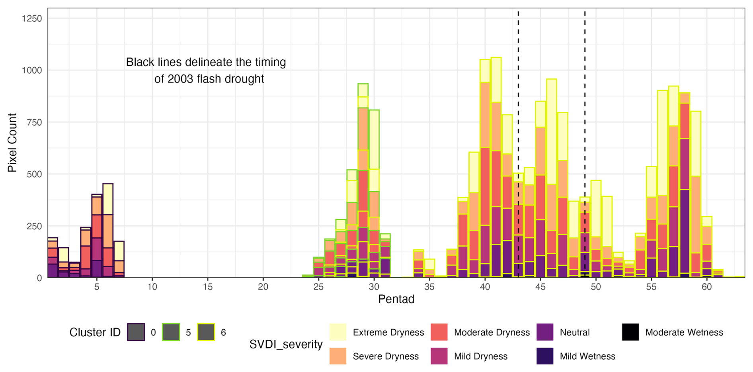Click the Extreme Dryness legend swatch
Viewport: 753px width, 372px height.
tap(338, 332)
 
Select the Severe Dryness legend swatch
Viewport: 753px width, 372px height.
tap(338, 356)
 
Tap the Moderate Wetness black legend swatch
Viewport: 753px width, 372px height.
tap(630, 332)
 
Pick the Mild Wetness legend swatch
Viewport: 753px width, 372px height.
tap(545, 356)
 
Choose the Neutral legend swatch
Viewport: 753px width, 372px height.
tap(545, 332)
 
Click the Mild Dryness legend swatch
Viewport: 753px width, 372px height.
tap(439, 356)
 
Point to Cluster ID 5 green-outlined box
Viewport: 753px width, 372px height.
tap(171, 332)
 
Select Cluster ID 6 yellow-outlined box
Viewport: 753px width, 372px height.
tap(206, 332)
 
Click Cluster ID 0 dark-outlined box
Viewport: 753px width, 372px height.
tap(136, 332)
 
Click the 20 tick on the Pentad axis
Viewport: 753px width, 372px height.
tap(263, 287)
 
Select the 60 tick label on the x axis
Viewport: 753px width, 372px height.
tap(706, 287)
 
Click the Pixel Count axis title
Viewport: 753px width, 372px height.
tap(12, 143)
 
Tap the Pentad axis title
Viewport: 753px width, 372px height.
tap(396, 299)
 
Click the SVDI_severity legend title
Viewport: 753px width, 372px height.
tap(286, 344)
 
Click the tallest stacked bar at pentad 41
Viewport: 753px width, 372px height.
tap(496, 167)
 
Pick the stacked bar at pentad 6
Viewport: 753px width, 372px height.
tap(108, 231)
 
